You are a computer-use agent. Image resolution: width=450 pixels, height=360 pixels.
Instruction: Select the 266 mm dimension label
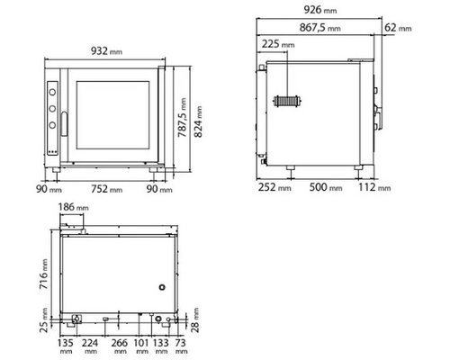click(119, 346)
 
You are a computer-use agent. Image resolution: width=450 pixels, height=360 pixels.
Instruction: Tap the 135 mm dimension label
click(65, 346)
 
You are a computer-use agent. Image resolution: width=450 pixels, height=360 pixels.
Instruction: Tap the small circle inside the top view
click(162, 287)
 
